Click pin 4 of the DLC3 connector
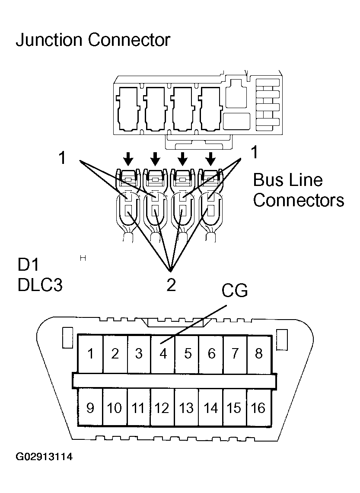click(x=163, y=354)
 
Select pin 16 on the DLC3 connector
click(x=258, y=408)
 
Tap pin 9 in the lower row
click(x=90, y=408)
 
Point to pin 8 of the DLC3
click(x=259, y=354)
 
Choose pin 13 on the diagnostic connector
click(x=186, y=408)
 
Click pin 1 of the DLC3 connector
click(x=91, y=354)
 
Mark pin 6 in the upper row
click(x=211, y=354)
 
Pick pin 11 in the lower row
click(x=138, y=408)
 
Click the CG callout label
click(x=235, y=291)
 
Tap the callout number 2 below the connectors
click(x=171, y=285)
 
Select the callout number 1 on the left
click(x=63, y=158)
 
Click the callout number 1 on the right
click(x=255, y=152)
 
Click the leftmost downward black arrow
click(x=128, y=159)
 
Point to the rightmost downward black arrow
click(x=210, y=159)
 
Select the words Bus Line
click(x=287, y=180)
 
